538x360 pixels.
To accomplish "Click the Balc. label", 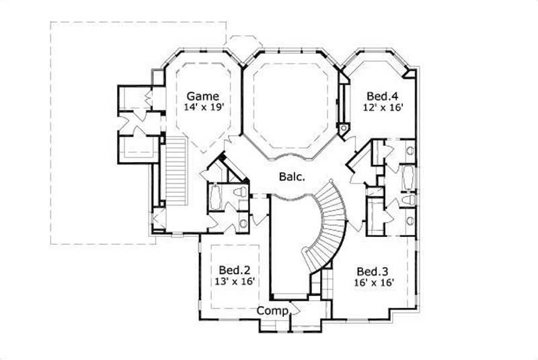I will point(293,178).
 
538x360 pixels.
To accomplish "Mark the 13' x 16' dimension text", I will point(233,282).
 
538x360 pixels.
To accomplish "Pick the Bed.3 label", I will point(373,271).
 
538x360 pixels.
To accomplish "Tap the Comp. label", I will point(272,311).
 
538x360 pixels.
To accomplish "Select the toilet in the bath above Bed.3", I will point(406,201).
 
